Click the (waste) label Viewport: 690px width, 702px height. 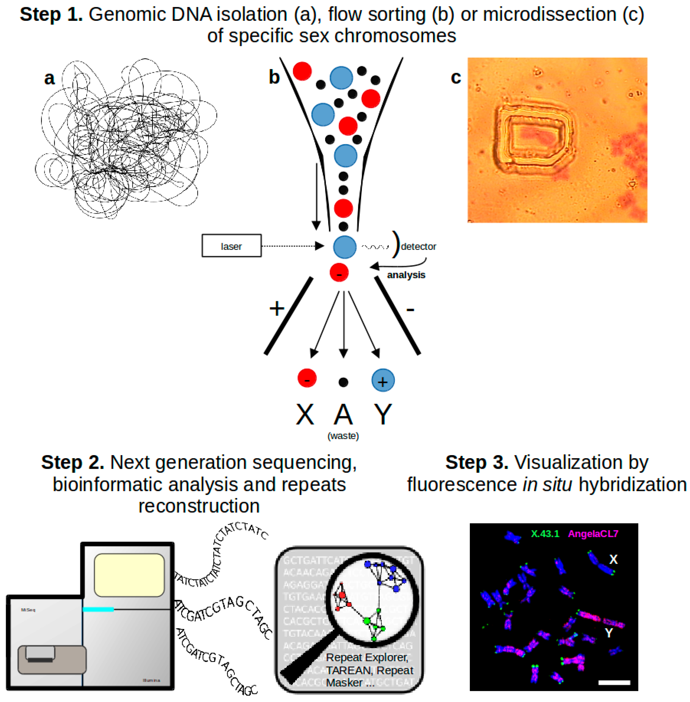(343, 436)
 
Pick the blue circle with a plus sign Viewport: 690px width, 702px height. (383, 380)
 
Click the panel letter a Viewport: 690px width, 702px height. (50, 78)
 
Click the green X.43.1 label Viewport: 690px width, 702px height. (545, 534)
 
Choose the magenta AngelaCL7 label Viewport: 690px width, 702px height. (593, 534)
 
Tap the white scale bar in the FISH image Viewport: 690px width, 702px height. (614, 682)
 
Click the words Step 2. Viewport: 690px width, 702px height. (72, 462)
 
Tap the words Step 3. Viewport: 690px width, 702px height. (477, 462)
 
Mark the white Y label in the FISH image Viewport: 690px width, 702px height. (609, 633)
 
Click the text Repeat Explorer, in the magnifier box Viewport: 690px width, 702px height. (367, 657)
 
